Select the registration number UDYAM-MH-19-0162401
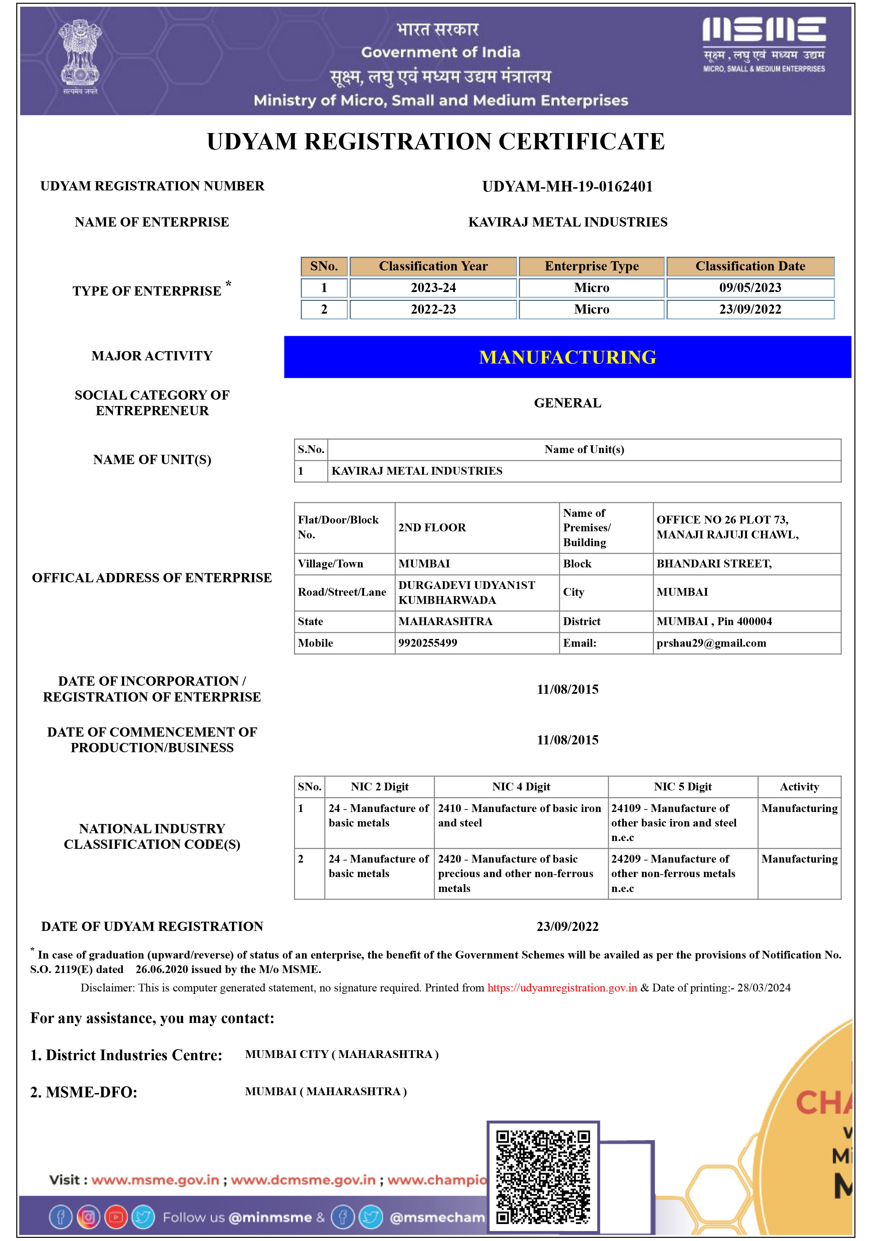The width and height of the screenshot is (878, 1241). coord(567,187)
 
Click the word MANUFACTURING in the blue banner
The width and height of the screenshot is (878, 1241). coord(567,357)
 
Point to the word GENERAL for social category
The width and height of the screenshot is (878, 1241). coord(567,403)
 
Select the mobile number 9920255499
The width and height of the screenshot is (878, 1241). coord(427,643)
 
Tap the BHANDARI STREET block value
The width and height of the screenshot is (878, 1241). coord(714,564)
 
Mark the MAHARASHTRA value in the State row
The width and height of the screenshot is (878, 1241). coord(445,622)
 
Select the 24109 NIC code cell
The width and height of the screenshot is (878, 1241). coord(674,823)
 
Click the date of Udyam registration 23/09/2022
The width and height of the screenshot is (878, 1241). coord(567,926)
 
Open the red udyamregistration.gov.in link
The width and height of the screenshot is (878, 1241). coord(562,988)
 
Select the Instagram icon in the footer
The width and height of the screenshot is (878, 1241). coord(88,1217)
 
